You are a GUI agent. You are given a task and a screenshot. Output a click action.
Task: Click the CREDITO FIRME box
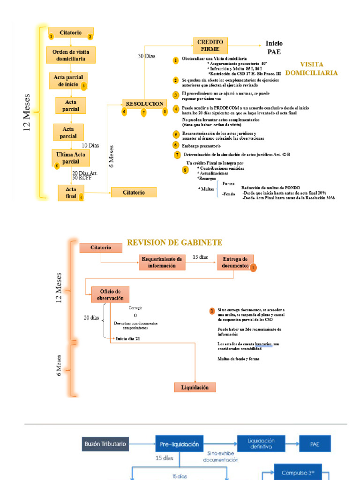[210, 45]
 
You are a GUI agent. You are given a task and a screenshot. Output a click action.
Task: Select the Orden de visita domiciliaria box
[70, 55]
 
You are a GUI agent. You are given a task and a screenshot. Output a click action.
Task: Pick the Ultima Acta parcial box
[70, 158]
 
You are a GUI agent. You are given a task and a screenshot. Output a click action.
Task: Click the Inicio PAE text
[274, 47]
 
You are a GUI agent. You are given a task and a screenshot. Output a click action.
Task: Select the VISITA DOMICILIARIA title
[318, 69]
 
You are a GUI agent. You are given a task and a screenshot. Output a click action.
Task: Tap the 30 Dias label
[146, 56]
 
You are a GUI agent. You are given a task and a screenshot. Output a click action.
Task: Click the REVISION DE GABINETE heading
[175, 242]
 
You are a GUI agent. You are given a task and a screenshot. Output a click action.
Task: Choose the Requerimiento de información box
[162, 262]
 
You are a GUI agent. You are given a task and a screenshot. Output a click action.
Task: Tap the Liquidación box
[195, 387]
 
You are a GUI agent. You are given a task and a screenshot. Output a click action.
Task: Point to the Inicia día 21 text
[128, 338]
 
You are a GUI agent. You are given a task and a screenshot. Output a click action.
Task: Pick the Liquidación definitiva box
[262, 443]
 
